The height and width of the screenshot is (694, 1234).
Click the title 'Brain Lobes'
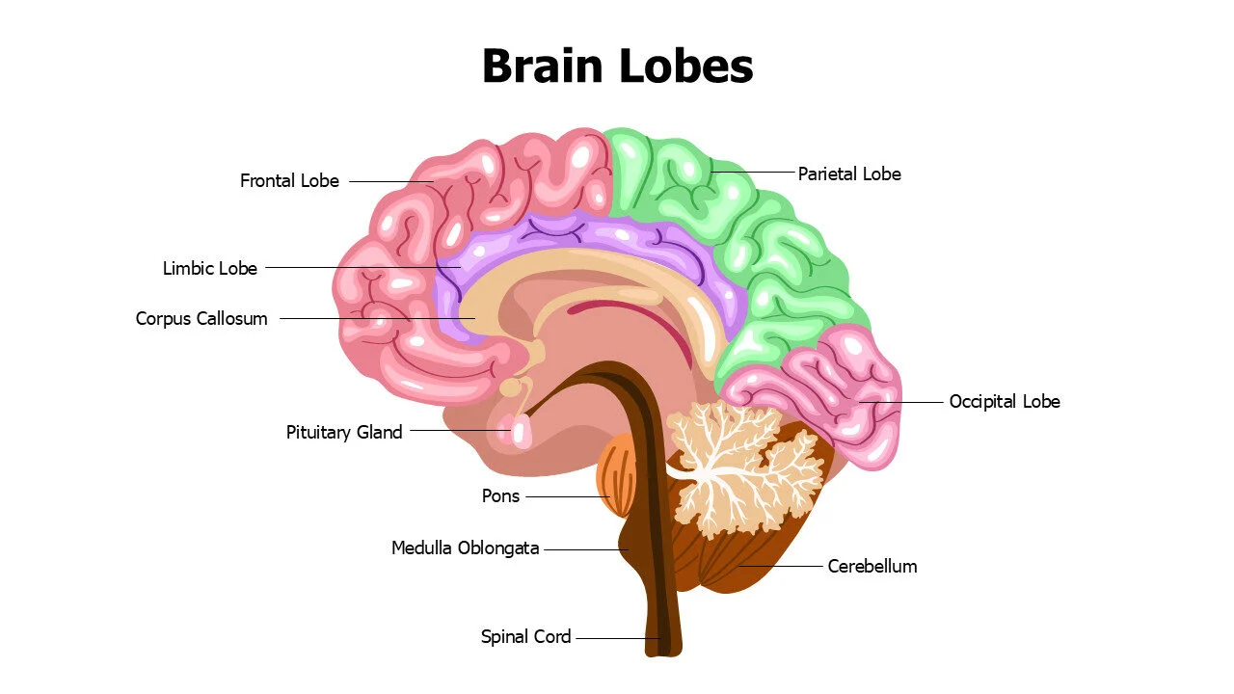[617, 67]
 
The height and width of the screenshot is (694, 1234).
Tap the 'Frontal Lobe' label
[289, 181]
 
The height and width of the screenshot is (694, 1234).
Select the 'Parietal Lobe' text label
[848, 174]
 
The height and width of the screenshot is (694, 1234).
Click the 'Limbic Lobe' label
[210, 269]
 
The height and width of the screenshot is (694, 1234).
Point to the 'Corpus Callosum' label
[201, 319]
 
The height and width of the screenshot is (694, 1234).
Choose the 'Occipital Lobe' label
[1004, 402]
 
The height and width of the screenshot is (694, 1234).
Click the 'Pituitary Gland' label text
[344, 433]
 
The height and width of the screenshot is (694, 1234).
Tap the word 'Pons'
[500, 496]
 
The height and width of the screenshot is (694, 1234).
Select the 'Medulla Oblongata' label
[465, 548]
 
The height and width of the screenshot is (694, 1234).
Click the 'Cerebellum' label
[872, 567]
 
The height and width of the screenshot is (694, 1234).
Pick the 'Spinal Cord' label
[525, 637]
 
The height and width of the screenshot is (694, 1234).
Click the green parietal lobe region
[733, 222]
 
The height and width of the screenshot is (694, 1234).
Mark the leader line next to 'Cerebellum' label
[781, 566]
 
